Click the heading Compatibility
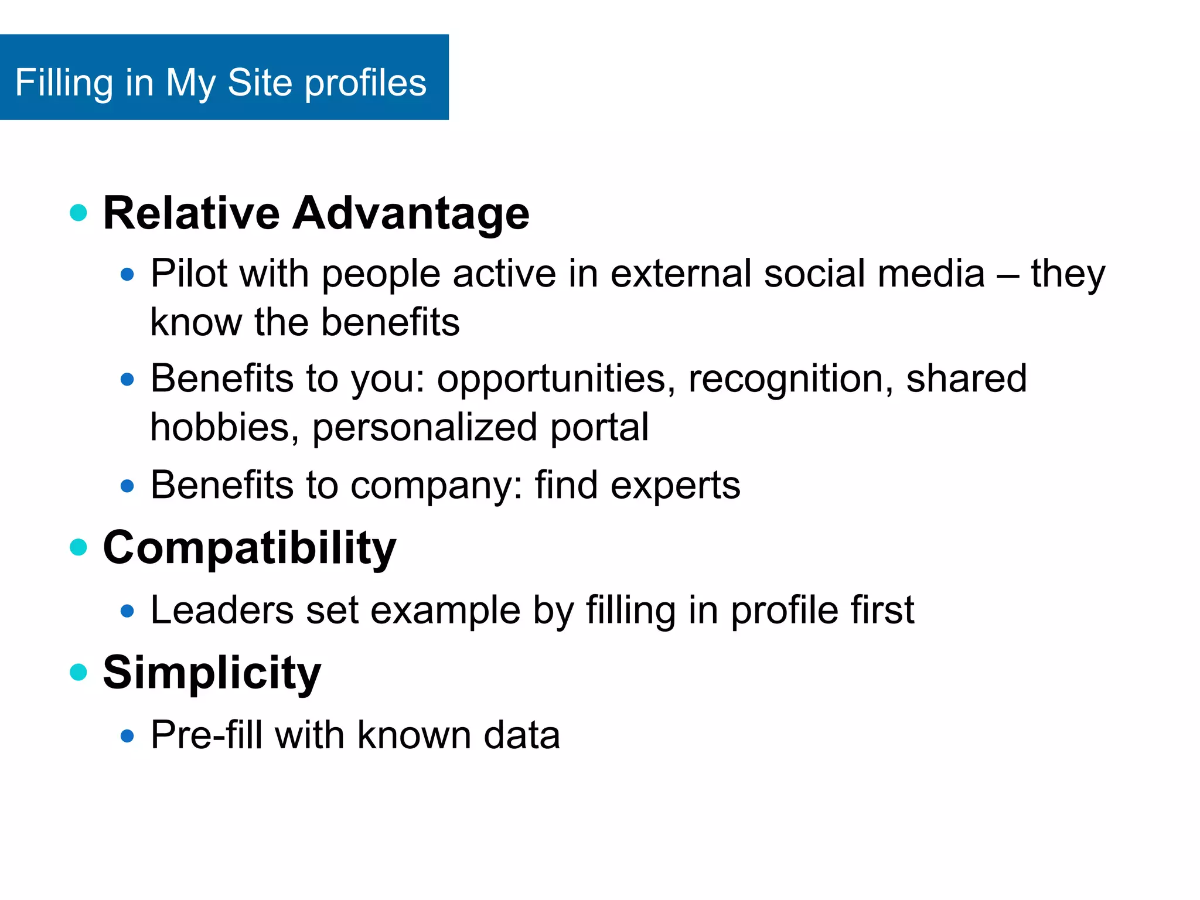[250, 548]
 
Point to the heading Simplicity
[212, 673]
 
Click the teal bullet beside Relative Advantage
[79, 212]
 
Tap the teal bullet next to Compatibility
[79, 547]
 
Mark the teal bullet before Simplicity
[79, 672]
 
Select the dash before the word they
[1008, 274]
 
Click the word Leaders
[222, 611]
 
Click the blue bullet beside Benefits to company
[127, 486]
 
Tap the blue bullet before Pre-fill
[127, 736]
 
